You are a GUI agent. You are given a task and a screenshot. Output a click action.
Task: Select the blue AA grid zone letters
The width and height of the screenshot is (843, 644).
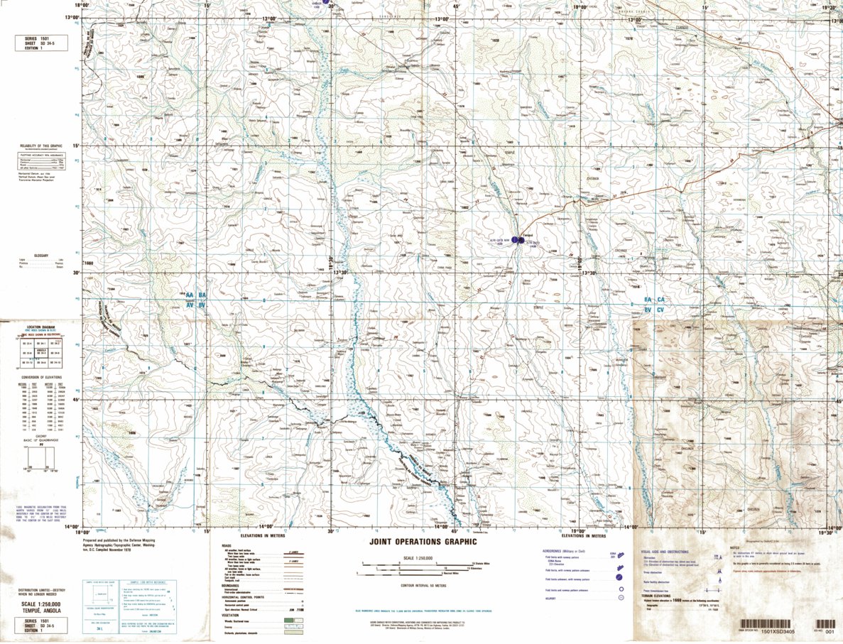click(190, 295)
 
